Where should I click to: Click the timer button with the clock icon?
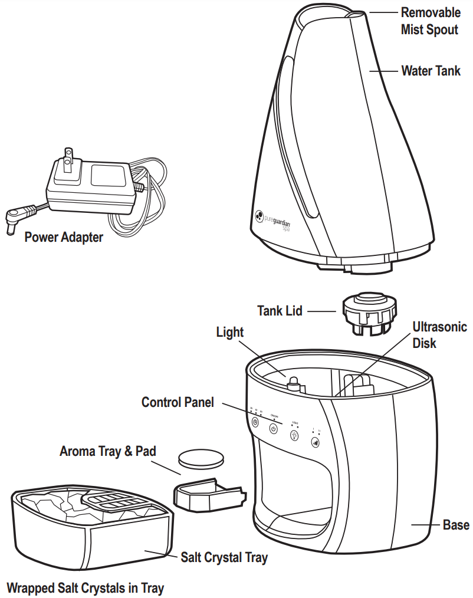coord(255,422)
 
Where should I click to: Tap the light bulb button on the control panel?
coord(294,436)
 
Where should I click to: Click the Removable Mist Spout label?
coord(430,21)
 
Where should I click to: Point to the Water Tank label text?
coord(431,71)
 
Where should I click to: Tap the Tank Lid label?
coord(280,310)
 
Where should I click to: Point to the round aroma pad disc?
coord(202,458)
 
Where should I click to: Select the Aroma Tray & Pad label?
coord(108,451)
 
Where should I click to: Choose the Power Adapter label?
coord(64,237)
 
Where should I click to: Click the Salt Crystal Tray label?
coord(224,557)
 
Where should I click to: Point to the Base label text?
coord(456,524)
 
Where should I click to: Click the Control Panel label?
coord(178,402)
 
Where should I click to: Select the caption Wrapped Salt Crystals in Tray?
coord(86,587)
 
